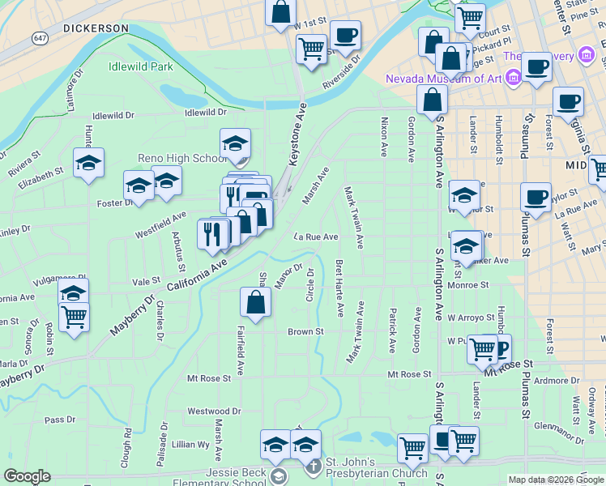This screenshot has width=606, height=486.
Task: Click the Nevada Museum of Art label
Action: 442,79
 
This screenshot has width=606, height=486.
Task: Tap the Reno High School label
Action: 182,158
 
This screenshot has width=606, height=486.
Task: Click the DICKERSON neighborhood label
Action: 96,28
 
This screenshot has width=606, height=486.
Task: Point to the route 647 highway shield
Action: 39,38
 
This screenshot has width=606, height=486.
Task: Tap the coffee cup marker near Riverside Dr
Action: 345,36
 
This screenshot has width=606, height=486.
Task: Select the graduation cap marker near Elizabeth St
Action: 88,162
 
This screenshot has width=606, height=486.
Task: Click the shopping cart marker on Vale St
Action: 74,315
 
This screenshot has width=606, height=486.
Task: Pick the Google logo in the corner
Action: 27,476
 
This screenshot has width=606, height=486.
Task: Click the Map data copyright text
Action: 556,480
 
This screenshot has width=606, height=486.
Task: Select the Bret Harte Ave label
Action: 339,288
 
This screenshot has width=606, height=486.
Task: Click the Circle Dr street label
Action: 310,283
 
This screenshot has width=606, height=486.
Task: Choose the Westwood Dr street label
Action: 215,411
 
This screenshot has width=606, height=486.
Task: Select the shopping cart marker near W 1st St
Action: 312,49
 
